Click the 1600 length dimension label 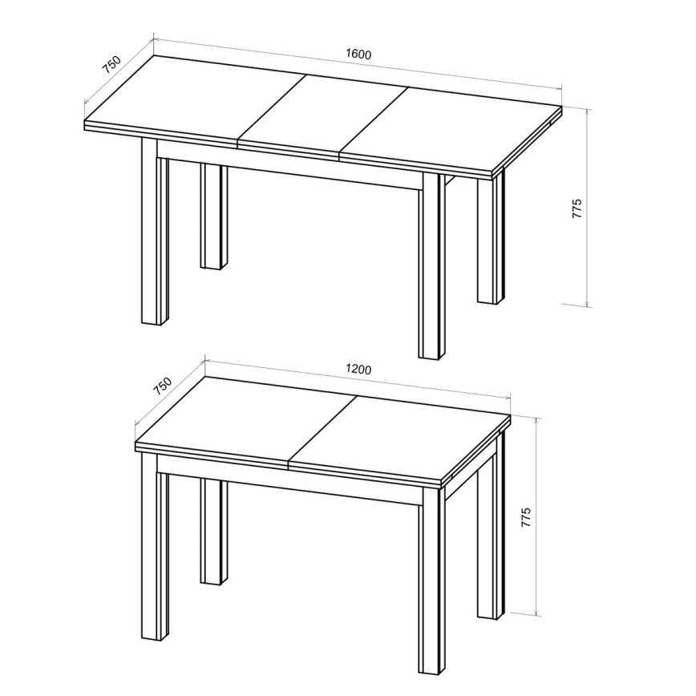tap(358, 55)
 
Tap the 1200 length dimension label tap(358, 370)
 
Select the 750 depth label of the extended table tap(111, 64)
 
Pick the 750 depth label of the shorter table tap(163, 386)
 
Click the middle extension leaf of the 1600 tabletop tap(321, 112)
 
